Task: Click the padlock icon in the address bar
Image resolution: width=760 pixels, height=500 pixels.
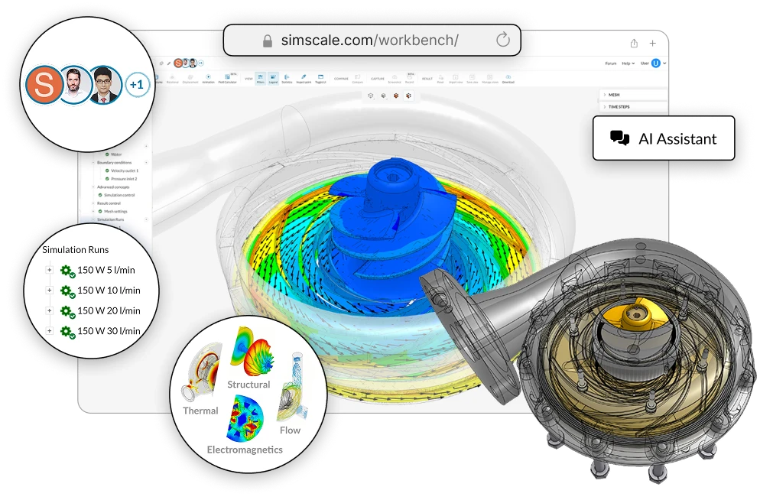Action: pos(267,41)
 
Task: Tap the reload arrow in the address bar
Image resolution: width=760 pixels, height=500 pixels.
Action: pos(502,41)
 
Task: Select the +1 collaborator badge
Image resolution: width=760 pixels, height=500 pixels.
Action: pos(137,85)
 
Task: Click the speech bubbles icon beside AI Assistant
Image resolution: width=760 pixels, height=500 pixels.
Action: pos(619,138)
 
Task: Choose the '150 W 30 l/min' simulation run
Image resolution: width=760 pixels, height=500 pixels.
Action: pos(109,331)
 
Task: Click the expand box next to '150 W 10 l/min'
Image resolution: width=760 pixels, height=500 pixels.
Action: pos(50,291)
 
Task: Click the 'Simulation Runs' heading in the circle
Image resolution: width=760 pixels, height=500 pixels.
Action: pos(75,249)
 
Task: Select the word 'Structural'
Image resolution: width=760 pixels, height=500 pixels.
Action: pos(248,384)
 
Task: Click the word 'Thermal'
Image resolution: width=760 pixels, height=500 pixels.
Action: pos(200,411)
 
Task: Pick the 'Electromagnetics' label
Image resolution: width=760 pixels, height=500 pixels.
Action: pos(245,450)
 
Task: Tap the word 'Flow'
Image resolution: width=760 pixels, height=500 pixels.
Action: pos(290,430)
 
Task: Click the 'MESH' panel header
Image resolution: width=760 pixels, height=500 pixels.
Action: pos(615,95)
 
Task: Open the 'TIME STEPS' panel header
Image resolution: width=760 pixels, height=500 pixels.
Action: pos(619,107)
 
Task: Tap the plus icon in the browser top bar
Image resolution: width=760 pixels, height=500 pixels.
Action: pos(652,44)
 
